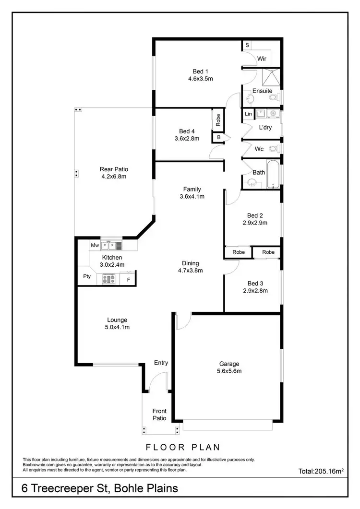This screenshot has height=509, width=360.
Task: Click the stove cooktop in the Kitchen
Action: [x=108, y=279]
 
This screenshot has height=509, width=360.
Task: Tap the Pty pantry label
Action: [x=87, y=276]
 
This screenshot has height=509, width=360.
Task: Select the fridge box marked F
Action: [x=128, y=279]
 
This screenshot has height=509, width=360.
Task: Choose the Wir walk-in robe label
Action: [x=262, y=59]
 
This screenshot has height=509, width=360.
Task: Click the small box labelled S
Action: [x=247, y=45]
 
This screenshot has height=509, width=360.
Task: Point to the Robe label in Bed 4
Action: [x=218, y=119]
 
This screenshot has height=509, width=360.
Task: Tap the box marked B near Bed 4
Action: [x=218, y=138]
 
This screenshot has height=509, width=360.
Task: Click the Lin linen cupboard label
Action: [x=248, y=114]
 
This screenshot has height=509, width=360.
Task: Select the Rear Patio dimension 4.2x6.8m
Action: [x=114, y=177]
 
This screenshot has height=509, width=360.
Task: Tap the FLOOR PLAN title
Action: [x=180, y=447]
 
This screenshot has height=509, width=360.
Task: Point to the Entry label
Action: [x=161, y=363]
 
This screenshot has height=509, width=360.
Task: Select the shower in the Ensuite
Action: [x=272, y=77]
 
